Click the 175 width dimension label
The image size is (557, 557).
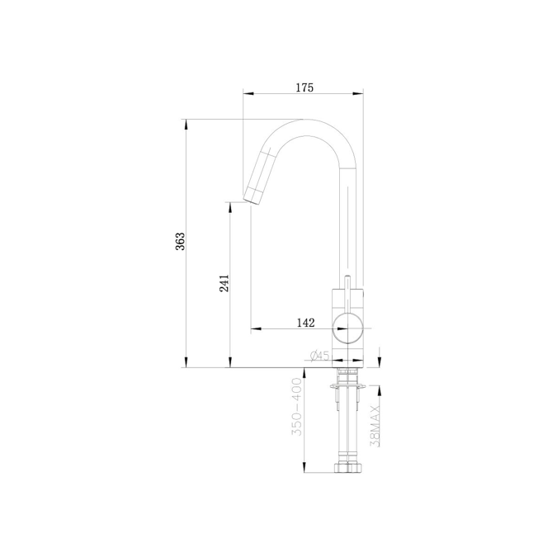[x=304, y=87]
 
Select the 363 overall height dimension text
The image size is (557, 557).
[x=181, y=241]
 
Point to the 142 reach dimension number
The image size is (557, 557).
[x=305, y=323]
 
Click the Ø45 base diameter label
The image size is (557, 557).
[x=319, y=356]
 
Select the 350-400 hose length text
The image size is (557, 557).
[x=297, y=408]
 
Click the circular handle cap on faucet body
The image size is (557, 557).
[x=347, y=328]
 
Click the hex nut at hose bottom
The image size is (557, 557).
[x=347, y=468]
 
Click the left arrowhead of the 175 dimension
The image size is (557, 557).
[x=247, y=92]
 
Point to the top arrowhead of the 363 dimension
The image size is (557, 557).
[x=186, y=123]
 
